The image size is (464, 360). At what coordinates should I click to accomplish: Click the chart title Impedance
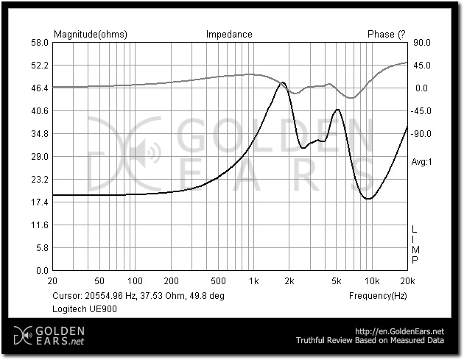[x=229, y=34]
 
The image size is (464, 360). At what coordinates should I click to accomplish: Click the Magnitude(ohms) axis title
[x=91, y=34]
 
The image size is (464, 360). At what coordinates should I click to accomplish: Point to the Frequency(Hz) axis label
[x=378, y=295]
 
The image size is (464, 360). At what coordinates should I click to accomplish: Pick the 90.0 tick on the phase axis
[x=421, y=43]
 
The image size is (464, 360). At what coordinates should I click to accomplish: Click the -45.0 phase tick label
[x=421, y=111]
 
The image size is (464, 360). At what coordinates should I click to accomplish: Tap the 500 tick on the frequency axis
[x=218, y=281]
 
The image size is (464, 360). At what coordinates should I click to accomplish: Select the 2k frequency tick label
[x=289, y=281]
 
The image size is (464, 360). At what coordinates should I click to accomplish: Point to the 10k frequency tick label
[x=372, y=281]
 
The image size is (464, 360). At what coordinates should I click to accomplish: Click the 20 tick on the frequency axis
[x=52, y=281]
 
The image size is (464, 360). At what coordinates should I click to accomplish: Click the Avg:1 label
[x=421, y=161]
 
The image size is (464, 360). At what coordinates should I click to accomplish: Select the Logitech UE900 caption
[x=85, y=309]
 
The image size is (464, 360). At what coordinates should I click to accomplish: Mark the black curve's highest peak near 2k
[x=282, y=83]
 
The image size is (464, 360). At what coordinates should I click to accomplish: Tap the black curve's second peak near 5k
[x=337, y=110]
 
